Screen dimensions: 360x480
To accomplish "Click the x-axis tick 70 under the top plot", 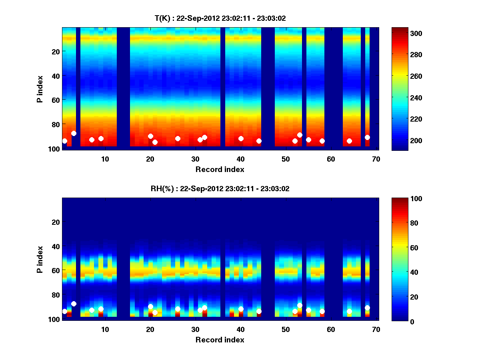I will click(x=376, y=159).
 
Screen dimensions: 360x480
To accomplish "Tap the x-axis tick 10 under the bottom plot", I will click(x=105, y=330).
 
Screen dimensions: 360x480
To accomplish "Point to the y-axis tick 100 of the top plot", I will click(x=55, y=148).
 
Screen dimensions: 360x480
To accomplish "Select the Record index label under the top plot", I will click(x=220, y=169).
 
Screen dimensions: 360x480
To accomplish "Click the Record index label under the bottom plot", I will click(x=220, y=340).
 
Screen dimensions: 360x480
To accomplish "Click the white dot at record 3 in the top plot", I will click(x=74, y=133).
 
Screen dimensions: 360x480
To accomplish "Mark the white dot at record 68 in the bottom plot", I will click(x=367, y=308).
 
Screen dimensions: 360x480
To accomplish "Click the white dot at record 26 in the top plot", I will click(x=178, y=138).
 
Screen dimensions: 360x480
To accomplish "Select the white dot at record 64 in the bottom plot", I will click(x=349, y=311).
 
